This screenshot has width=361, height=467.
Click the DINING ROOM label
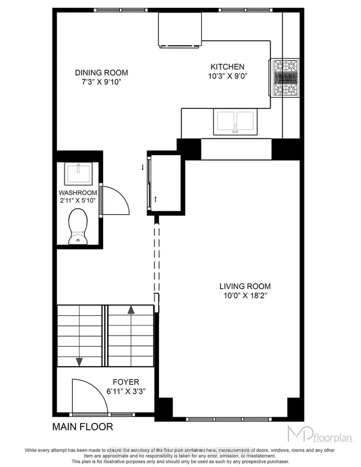click(x=102, y=72)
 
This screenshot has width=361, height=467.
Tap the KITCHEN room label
click(x=227, y=66)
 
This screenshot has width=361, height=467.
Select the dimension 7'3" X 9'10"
click(x=102, y=82)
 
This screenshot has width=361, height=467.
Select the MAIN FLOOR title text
click(x=82, y=426)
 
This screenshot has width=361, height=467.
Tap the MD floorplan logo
click(x=319, y=434)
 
